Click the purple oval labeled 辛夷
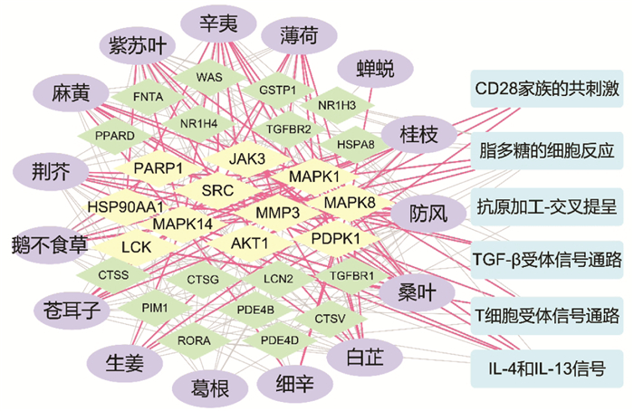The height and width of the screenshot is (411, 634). point(218,23)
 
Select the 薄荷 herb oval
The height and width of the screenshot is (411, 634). point(299,36)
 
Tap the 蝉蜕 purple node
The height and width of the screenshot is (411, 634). point(375,68)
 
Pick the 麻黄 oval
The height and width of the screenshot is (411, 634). point(71,93)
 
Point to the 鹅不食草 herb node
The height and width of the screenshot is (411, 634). point(50,245)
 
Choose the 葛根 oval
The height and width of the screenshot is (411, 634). point(210,388)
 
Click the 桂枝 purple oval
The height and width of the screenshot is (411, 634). point(418,134)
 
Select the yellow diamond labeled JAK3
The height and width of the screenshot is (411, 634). point(247,158)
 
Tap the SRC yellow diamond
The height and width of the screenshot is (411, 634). point(217,190)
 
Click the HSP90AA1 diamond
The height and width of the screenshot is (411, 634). point(126,207)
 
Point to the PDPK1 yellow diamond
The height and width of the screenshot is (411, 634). point(336,238)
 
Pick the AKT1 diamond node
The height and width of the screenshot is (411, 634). point(249,244)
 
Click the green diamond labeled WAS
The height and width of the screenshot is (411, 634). point(209,77)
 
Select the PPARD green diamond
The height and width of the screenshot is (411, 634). point(115,136)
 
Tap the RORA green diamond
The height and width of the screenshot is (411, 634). point(194,340)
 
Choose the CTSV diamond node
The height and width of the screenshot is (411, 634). point(330,319)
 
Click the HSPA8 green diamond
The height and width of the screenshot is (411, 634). point(356,144)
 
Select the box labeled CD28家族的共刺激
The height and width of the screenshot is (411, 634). point(547,89)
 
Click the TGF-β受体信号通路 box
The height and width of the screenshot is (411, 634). point(547,260)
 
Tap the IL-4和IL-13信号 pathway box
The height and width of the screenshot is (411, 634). point(547,368)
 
